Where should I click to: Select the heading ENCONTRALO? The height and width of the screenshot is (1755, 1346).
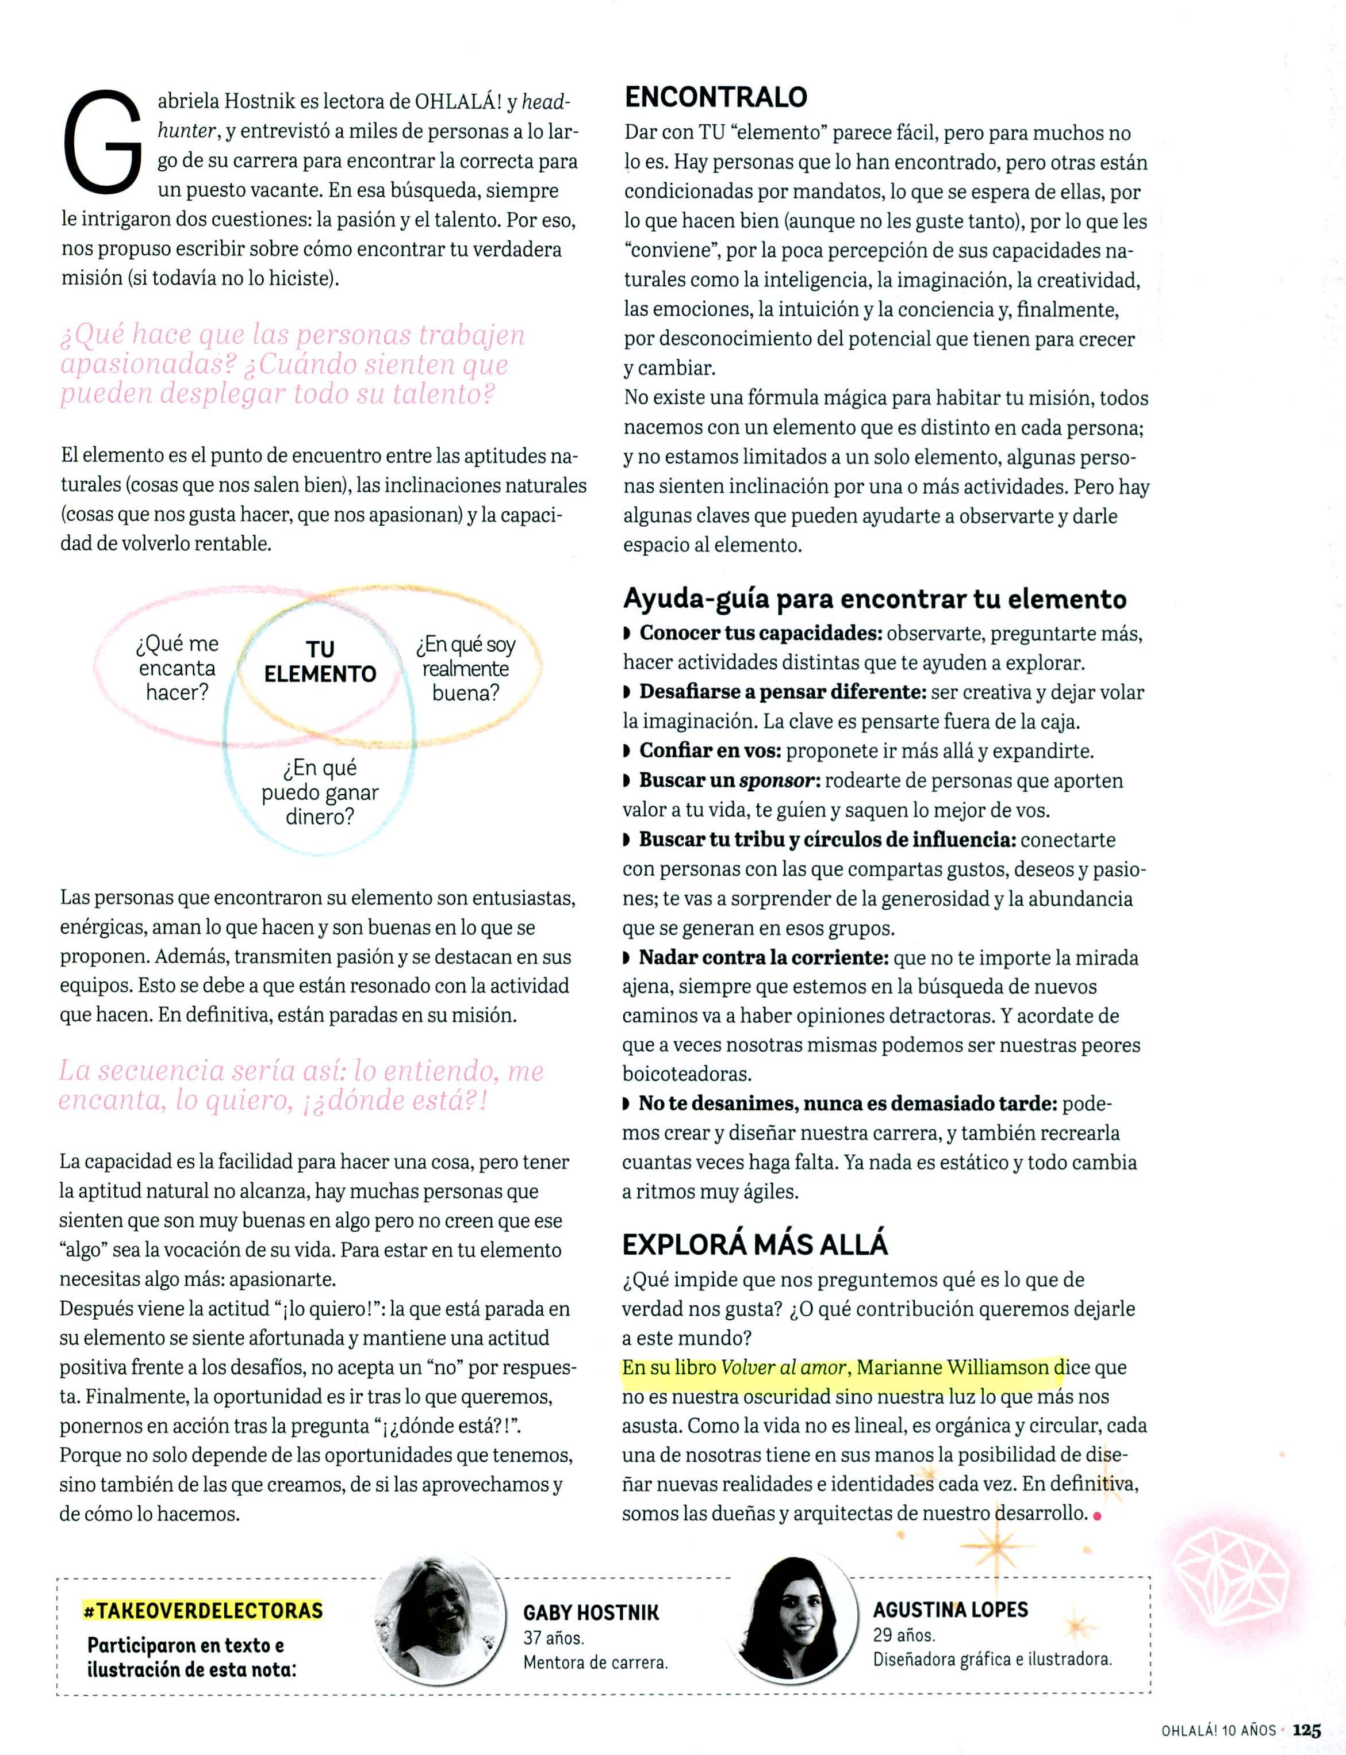(x=715, y=97)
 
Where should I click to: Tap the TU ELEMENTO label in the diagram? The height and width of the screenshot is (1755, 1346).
(x=320, y=661)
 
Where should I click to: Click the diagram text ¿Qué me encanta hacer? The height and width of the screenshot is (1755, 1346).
(x=177, y=668)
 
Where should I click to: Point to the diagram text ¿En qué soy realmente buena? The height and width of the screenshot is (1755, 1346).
(x=466, y=668)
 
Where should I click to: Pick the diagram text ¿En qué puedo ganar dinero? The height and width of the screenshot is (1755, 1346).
(x=320, y=792)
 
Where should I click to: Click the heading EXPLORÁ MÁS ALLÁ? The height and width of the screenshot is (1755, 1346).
(x=755, y=1244)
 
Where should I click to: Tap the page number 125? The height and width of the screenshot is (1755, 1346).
(x=1306, y=1730)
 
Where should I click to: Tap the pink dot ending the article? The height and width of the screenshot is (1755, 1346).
(x=1097, y=1515)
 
